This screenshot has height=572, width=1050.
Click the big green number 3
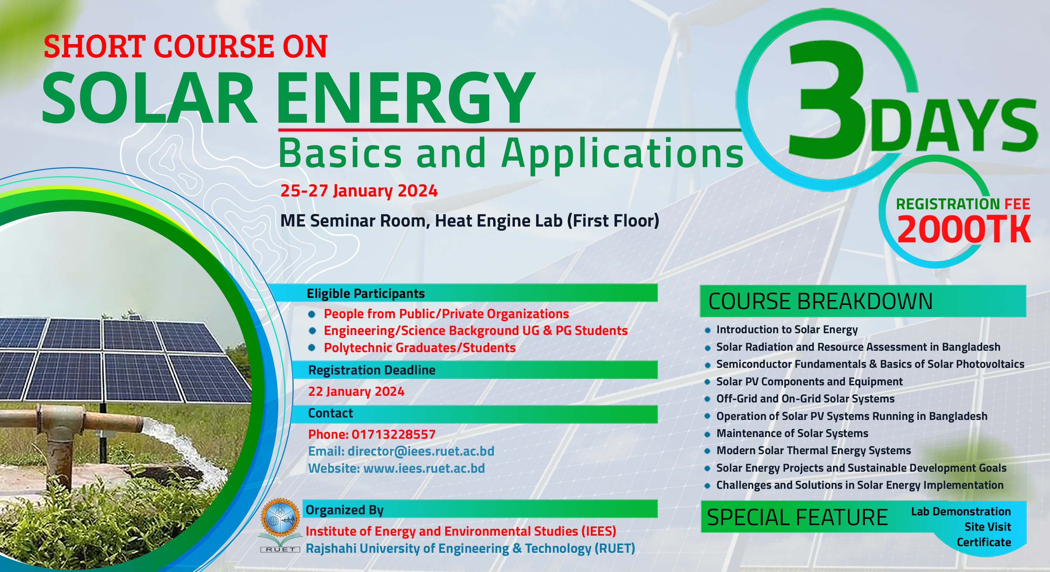pyautogui.click(x=827, y=100)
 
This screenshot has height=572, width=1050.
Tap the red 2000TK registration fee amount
pyautogui.click(x=964, y=229)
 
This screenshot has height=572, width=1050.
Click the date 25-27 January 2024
pyautogui.click(x=359, y=191)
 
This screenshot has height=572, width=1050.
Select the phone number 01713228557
pyautogui.click(x=393, y=434)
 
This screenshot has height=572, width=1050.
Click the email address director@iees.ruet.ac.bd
pyautogui.click(x=421, y=451)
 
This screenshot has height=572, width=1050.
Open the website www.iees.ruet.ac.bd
pyautogui.click(x=424, y=468)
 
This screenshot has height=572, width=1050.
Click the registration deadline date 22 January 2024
pyautogui.click(x=356, y=391)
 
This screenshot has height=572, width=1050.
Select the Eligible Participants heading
pyautogui.click(x=366, y=294)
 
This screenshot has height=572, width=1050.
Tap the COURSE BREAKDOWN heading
pyautogui.click(x=820, y=301)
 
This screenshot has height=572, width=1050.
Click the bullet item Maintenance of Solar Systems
pyautogui.click(x=792, y=433)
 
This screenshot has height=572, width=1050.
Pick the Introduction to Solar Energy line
pyautogui.click(x=787, y=329)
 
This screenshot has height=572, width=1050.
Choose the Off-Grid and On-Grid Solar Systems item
pyautogui.click(x=805, y=399)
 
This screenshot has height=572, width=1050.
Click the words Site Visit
pyautogui.click(x=987, y=527)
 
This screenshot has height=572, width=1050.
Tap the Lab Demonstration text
pyautogui.click(x=961, y=512)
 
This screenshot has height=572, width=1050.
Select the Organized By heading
pyautogui.click(x=344, y=510)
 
